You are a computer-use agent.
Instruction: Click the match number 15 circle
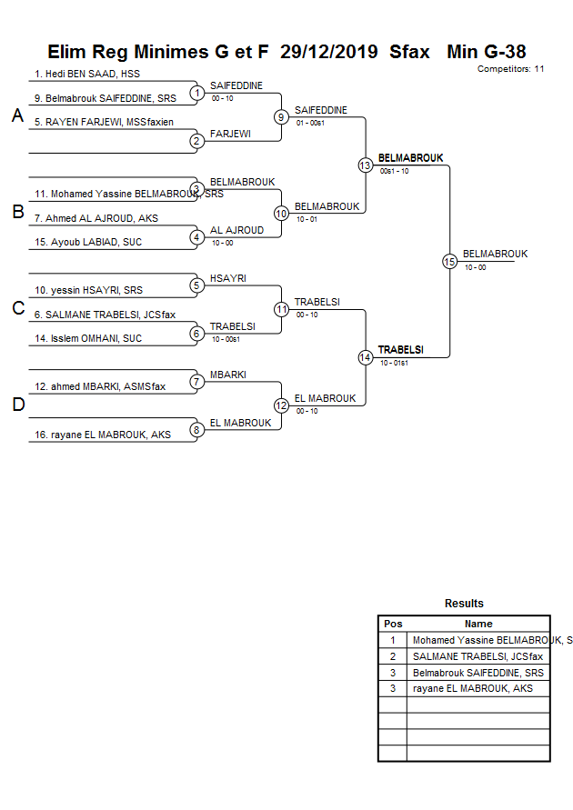coord(449,261)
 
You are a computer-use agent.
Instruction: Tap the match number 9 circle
coord(282,116)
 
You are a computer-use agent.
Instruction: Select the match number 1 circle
coord(196,93)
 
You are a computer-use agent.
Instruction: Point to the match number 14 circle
coord(366,357)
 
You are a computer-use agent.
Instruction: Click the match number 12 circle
coord(282,405)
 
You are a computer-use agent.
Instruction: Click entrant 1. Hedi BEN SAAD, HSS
coord(87,74)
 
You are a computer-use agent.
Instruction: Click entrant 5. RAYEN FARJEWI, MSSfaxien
coord(104,122)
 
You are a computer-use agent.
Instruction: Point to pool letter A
coord(17,116)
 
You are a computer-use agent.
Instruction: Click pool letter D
coord(17,405)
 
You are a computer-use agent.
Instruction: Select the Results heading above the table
coord(464,604)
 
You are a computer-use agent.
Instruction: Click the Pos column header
coord(393,624)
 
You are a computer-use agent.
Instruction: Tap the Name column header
coord(478,624)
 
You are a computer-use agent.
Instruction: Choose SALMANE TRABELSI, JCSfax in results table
coord(477,656)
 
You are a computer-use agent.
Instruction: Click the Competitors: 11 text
coord(510,68)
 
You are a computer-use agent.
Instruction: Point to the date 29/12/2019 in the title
coord(329,52)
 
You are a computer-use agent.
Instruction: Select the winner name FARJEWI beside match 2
coord(230,134)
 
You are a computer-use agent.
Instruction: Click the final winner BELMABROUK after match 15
coord(495,254)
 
